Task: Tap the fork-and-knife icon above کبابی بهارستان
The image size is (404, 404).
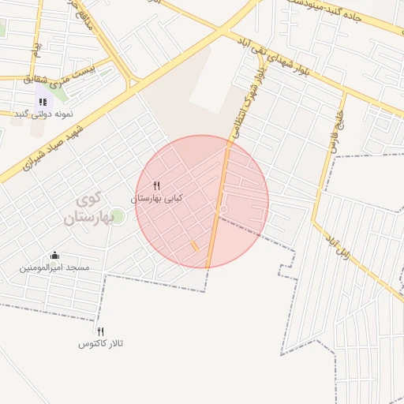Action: [x=156, y=185]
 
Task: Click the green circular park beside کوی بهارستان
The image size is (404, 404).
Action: [x=117, y=215]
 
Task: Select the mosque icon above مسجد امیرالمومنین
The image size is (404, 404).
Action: [x=54, y=255]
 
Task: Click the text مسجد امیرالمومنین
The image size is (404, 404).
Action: [x=55, y=268]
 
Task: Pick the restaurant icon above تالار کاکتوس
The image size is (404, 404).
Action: [x=100, y=331]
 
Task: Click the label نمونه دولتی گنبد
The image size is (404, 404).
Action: [x=44, y=114]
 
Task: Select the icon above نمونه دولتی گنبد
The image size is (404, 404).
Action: [x=42, y=101]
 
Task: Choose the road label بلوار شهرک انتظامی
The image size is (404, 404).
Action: [x=245, y=103]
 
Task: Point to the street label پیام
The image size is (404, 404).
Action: [x=36, y=52]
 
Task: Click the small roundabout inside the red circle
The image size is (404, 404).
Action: [x=223, y=209]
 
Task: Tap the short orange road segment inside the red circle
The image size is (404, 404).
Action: [x=194, y=247]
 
